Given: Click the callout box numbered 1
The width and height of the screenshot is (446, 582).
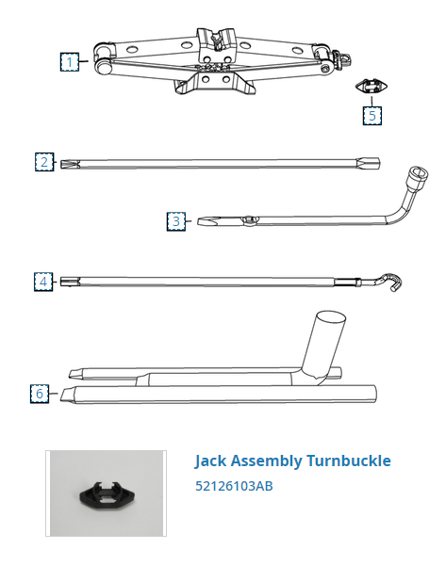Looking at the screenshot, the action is [x=70, y=62].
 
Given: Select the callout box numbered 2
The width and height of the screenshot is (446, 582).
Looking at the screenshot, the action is [x=44, y=162].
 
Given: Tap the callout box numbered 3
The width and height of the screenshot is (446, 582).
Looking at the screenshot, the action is [x=176, y=221].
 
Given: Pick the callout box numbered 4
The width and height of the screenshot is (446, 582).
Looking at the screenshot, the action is [x=43, y=282].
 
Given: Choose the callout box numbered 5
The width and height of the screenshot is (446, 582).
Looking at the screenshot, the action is [x=372, y=116].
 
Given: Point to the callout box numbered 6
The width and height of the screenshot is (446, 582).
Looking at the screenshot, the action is [x=40, y=394].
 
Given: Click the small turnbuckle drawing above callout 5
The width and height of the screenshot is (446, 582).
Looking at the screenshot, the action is [x=372, y=88].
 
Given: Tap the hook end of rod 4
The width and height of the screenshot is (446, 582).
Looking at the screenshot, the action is [x=391, y=282].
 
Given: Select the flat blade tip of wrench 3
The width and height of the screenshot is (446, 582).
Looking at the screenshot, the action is [x=206, y=221].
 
